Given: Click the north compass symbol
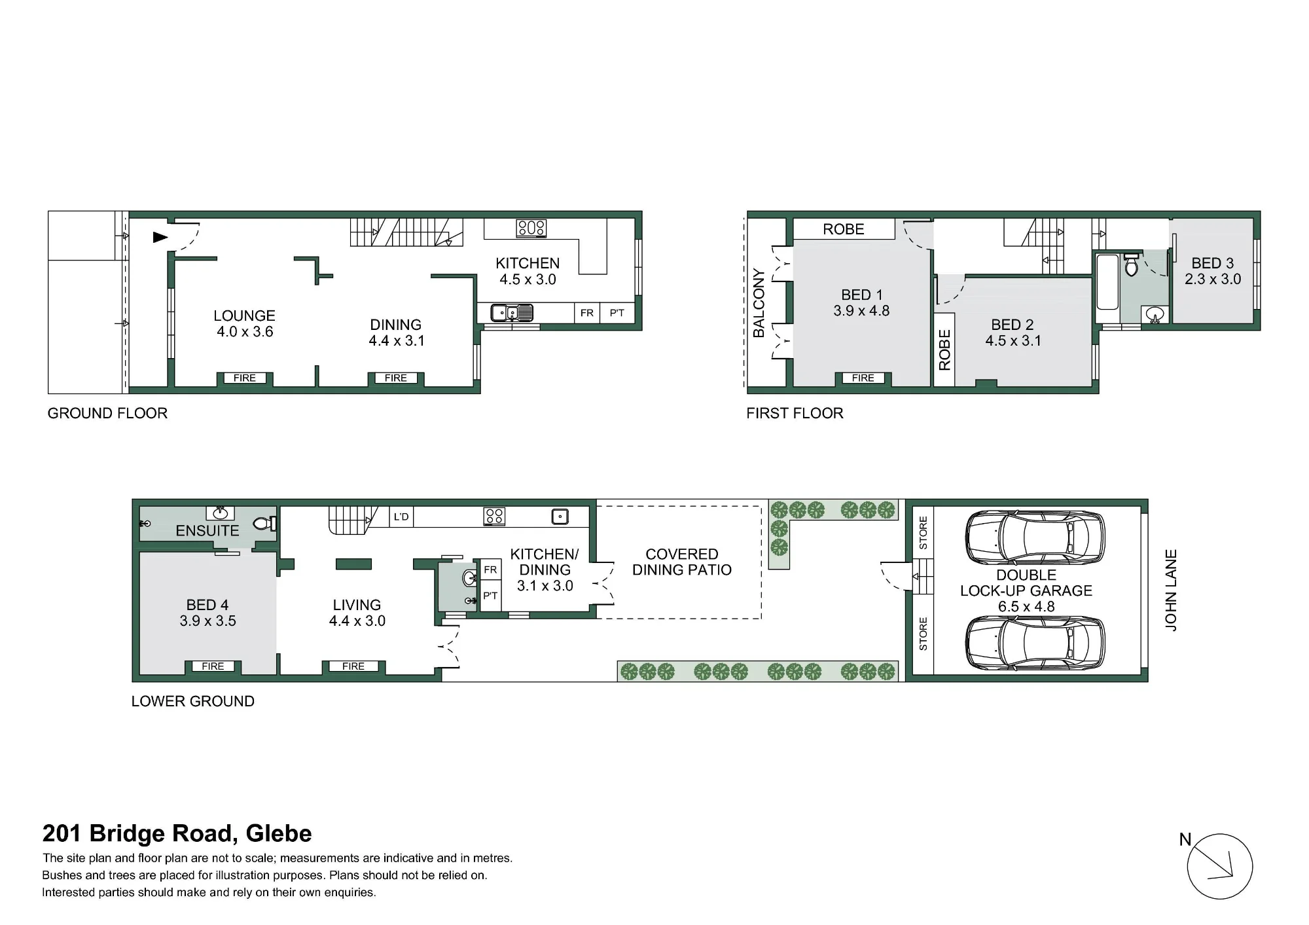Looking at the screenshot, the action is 1219,866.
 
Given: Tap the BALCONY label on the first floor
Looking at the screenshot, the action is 759,302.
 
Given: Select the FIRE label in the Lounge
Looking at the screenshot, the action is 245,378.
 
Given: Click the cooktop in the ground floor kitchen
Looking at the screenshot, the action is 531,228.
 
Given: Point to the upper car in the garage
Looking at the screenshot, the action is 1035,537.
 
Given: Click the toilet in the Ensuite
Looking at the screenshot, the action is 264,524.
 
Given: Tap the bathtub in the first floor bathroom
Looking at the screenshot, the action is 1107,282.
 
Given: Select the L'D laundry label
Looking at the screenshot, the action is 401,517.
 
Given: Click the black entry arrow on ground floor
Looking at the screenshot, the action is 160,237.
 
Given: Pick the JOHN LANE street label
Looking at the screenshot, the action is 1171,590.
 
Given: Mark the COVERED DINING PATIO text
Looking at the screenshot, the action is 682,562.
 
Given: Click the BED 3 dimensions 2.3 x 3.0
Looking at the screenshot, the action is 1213,279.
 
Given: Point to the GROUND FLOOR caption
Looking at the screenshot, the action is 107,413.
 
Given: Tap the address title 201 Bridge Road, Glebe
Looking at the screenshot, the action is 177,833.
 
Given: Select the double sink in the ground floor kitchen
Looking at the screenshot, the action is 512,313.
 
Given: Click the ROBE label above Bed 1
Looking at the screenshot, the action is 844,229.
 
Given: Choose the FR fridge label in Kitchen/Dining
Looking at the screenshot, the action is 490,570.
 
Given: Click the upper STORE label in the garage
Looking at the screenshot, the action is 923,533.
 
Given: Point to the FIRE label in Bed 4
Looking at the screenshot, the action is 213,666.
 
